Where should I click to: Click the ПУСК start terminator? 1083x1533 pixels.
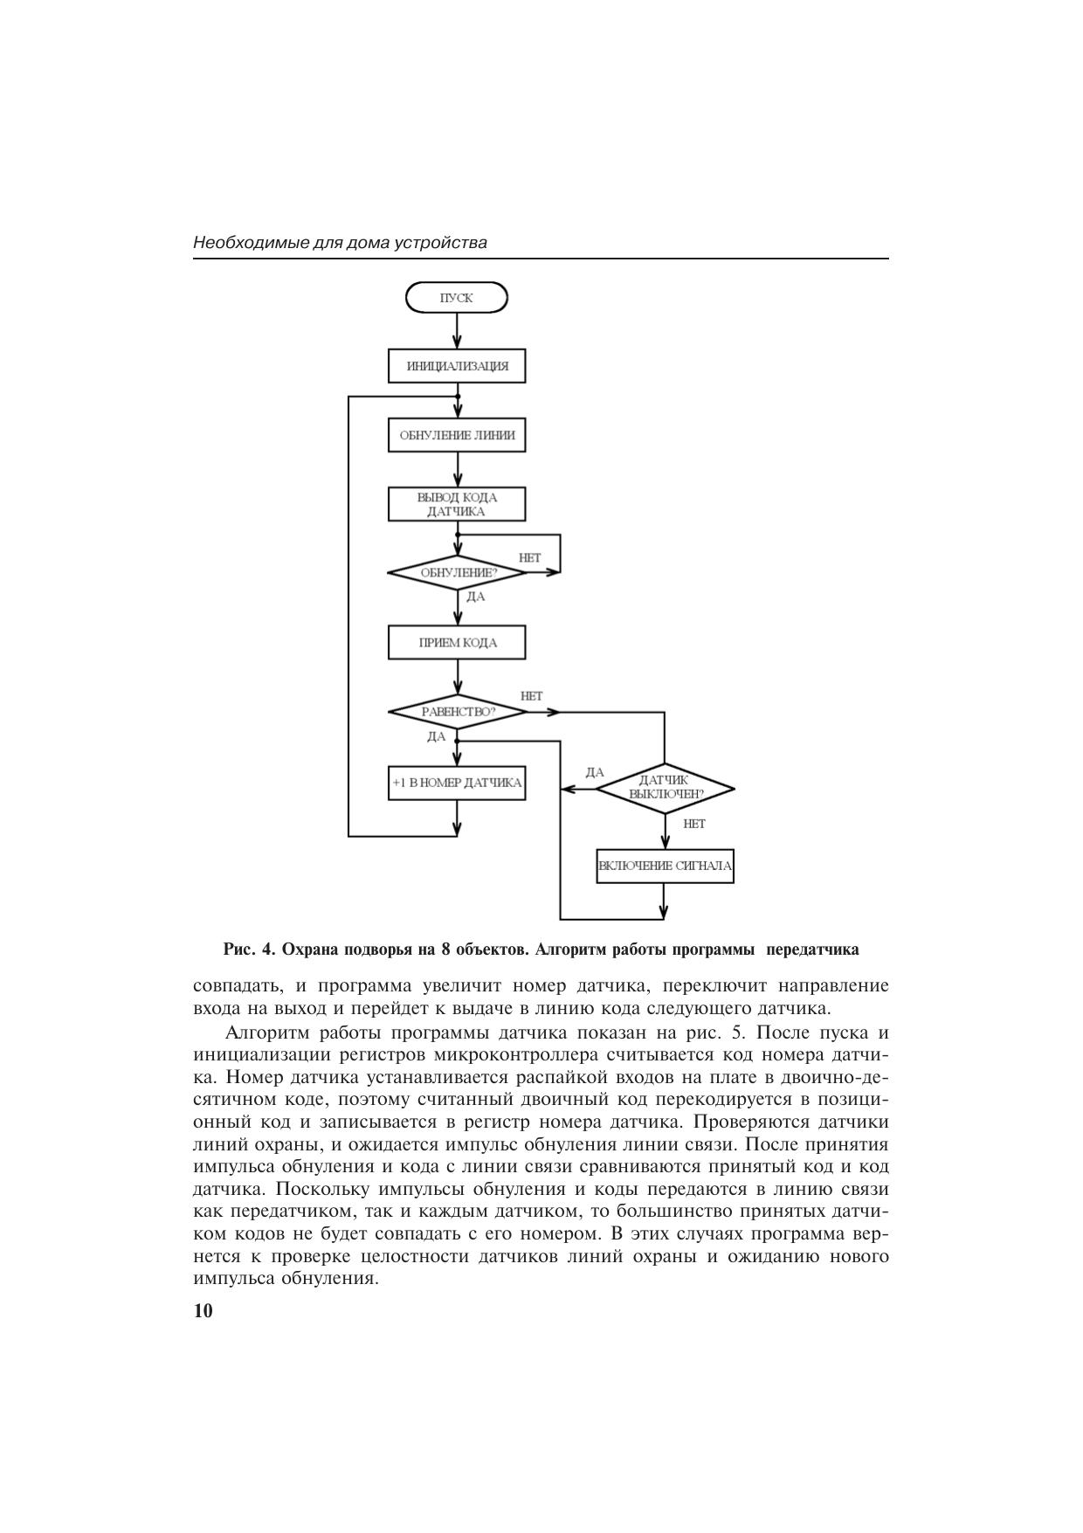pos(457,298)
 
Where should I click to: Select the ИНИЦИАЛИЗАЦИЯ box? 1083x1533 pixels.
pos(457,366)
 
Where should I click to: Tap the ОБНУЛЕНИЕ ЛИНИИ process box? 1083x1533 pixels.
pos(457,435)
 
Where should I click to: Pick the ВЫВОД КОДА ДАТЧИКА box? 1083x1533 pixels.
pos(457,504)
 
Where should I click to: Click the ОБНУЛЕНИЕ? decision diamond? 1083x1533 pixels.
pos(457,573)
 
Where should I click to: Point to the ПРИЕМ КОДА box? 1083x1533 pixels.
pos(457,643)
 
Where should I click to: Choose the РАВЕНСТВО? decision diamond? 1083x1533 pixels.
pos(457,712)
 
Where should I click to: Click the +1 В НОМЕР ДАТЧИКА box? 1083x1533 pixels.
pos(457,783)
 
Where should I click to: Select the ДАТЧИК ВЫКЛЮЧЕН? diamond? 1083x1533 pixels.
pos(665,788)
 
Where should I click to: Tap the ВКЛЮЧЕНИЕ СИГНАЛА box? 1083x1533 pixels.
pos(665,867)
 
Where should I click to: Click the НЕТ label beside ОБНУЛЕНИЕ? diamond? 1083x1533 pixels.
pos(530,557)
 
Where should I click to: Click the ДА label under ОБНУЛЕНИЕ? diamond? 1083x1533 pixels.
pos(476,597)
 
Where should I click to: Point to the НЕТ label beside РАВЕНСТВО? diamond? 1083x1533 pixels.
pos(531,696)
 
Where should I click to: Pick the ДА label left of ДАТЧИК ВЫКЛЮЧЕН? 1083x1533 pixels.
pos(595,772)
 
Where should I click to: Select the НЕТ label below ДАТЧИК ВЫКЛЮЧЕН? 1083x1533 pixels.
pos(694,824)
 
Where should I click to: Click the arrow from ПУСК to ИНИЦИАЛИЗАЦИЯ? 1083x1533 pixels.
pos(457,331)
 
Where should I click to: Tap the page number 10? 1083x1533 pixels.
pos(203,1311)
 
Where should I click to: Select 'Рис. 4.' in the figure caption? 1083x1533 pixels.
pos(249,949)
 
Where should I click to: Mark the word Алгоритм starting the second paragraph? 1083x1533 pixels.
pos(263,1032)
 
